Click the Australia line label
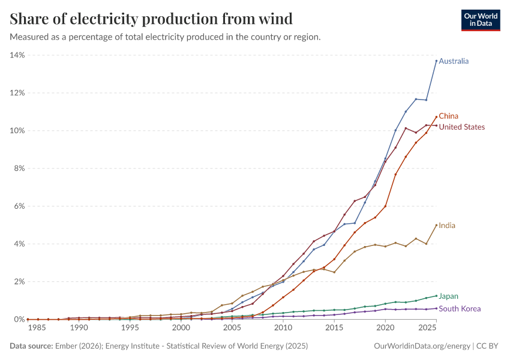click(x=454, y=61)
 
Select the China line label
click(x=448, y=116)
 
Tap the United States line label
click(x=461, y=127)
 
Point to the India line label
click(x=447, y=226)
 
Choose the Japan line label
click(x=448, y=296)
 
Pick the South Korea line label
click(x=460, y=308)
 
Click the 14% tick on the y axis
click(x=17, y=55)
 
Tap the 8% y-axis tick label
click(x=19, y=169)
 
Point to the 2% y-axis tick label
click(x=19, y=281)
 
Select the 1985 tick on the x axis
click(x=37, y=328)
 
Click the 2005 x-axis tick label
click(x=232, y=328)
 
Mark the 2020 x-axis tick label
click(x=385, y=328)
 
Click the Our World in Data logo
click(x=481, y=20)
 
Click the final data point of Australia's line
click(x=436, y=61)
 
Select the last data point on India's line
click(x=436, y=225)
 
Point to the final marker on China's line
click(x=436, y=117)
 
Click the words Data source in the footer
click(x=31, y=346)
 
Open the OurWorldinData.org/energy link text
click(x=422, y=346)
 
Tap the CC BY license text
click(x=487, y=346)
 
